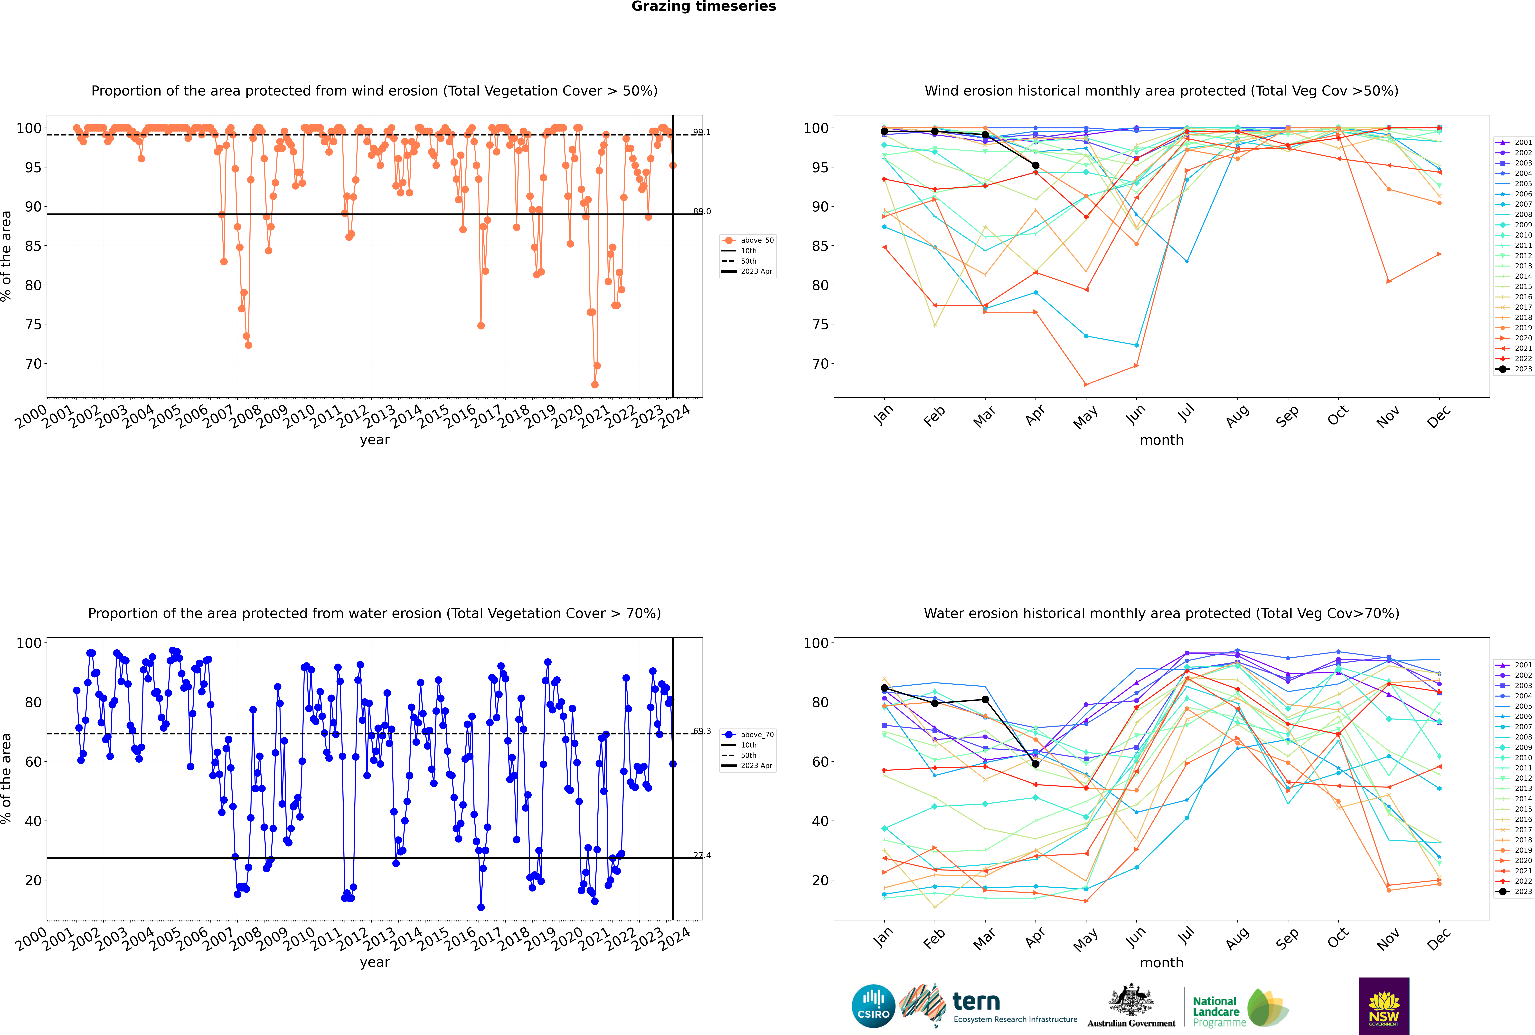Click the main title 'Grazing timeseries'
point(704,7)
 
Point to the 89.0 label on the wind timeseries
point(702,211)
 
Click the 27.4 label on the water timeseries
point(702,855)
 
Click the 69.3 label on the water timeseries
point(702,731)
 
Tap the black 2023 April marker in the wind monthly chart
point(1036,166)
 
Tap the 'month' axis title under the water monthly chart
point(1161,963)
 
